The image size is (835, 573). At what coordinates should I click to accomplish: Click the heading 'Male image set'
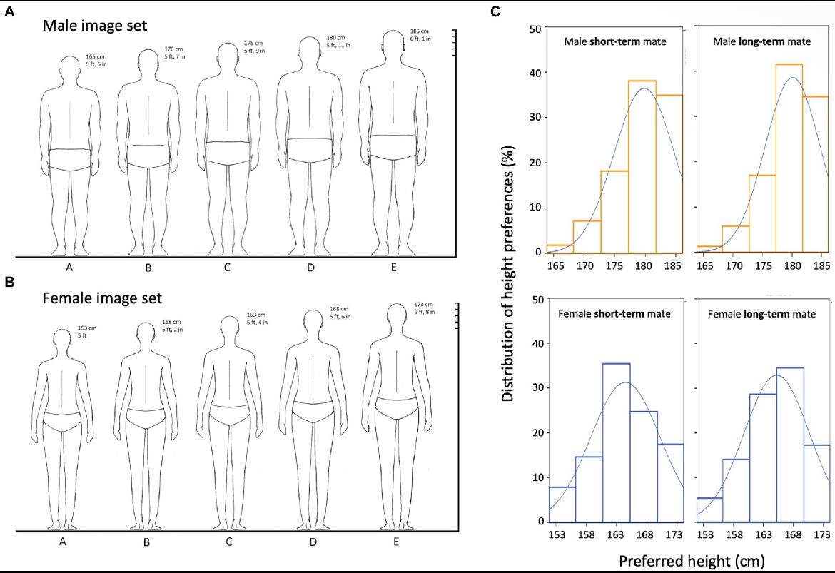click(94, 26)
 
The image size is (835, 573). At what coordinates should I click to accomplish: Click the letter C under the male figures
click(228, 270)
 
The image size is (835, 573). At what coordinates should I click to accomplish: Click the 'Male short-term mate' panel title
click(614, 42)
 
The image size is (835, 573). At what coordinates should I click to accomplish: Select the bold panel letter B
click(9, 282)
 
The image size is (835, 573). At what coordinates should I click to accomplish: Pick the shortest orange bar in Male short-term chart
click(560, 248)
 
